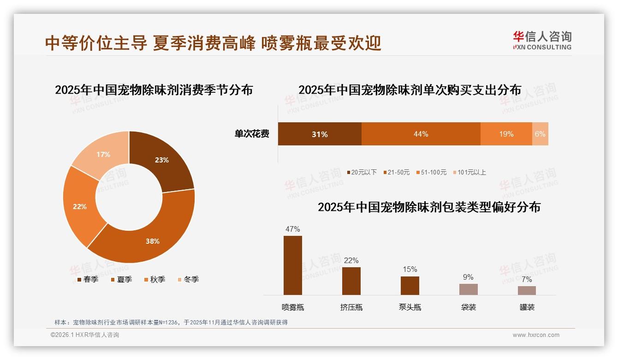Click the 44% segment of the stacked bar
(x=421, y=134)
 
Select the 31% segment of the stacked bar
(x=319, y=134)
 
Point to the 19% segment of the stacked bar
(x=506, y=134)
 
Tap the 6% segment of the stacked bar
(x=540, y=134)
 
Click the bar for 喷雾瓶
(x=292, y=265)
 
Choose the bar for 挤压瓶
(x=351, y=281)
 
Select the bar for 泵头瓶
(x=410, y=286)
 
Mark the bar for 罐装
(x=527, y=290)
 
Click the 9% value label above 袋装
(x=468, y=277)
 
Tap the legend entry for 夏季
(x=121, y=279)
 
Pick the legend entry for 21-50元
(x=396, y=172)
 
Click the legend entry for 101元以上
(x=469, y=172)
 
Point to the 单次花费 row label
(x=252, y=134)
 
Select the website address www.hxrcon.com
(x=536, y=335)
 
